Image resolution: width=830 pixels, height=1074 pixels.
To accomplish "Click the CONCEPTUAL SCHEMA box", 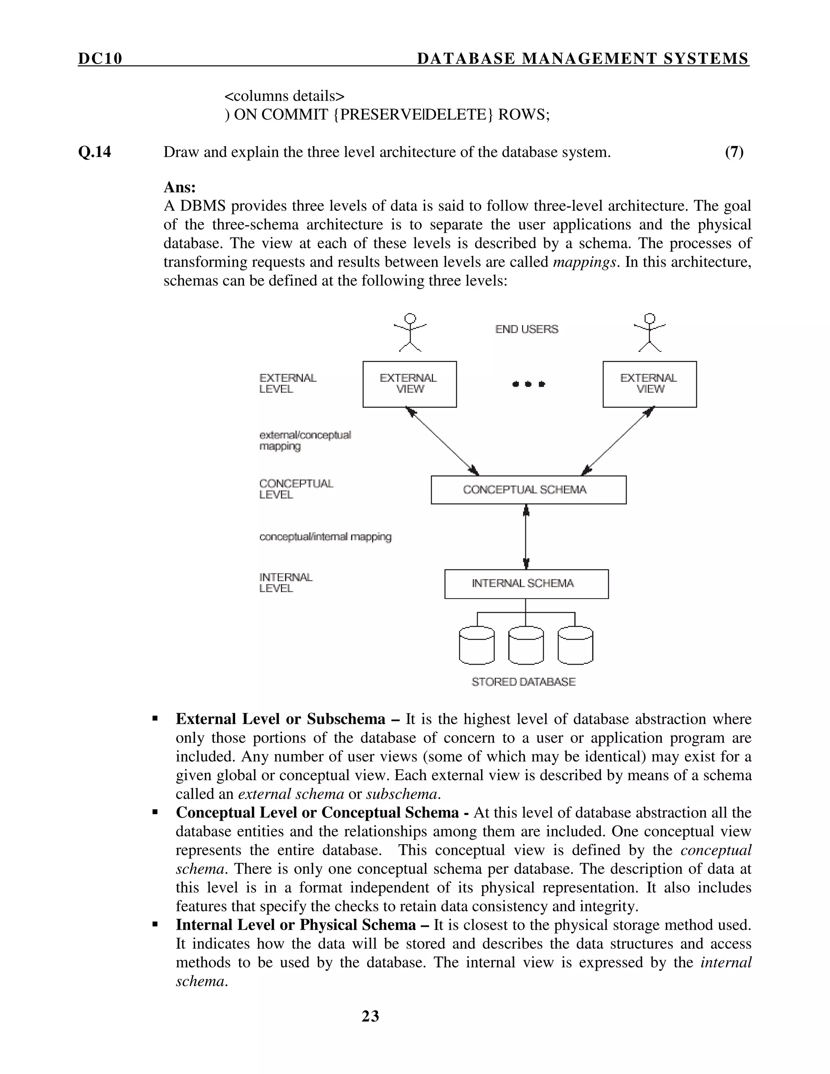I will point(528,490).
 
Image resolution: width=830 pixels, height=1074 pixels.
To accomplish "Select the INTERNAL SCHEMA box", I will point(526,584).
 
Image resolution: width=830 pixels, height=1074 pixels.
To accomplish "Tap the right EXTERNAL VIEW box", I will point(649,384).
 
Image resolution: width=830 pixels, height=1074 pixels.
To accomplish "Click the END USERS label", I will point(526,329).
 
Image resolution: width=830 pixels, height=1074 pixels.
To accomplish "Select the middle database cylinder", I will point(526,645).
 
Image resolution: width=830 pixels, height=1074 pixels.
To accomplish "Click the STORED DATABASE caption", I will point(523,682).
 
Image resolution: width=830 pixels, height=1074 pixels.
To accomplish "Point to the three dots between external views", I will point(528,384).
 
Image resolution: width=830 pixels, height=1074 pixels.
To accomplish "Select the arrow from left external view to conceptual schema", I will point(442,441).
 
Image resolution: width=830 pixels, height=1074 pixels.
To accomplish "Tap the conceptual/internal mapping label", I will point(325,537).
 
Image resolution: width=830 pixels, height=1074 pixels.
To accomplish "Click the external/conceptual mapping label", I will point(305,441).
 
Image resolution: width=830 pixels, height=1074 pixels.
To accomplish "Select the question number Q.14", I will point(94,152).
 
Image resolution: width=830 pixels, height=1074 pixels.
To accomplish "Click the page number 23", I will point(370,1016).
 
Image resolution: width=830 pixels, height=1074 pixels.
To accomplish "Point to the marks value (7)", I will point(734,152).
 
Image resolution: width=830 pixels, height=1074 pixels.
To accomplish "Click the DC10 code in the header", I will point(100,58).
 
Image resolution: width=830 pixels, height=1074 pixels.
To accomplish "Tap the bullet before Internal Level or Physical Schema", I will point(155,924).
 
